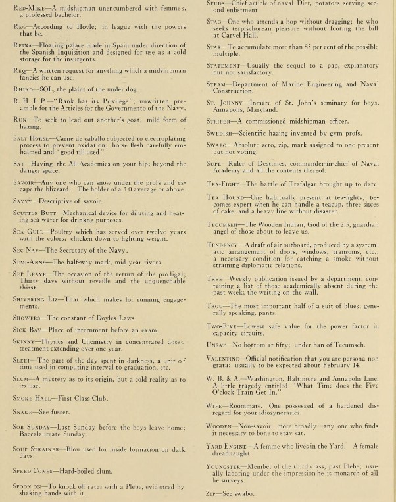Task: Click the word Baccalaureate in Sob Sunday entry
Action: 43,432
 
